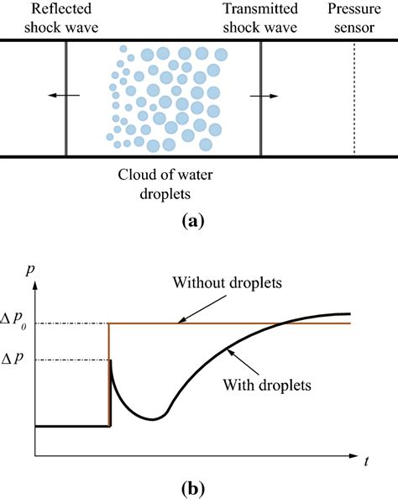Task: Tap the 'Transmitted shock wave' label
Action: point(261,16)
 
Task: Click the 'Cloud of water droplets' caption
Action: point(170,186)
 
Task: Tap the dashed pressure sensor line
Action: point(353,98)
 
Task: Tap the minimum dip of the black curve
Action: point(152,418)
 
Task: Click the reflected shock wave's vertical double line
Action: point(66,98)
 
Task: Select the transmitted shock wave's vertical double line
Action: point(261,98)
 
